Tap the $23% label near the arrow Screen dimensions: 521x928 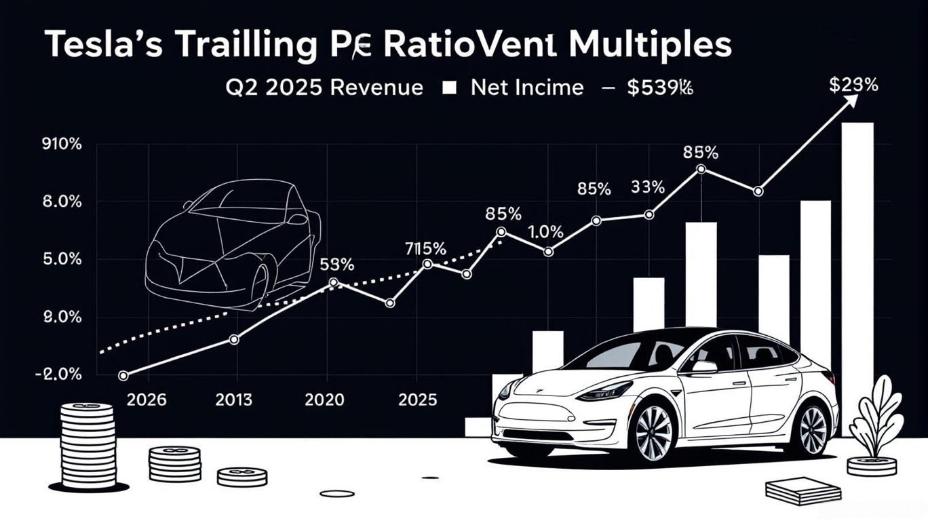(853, 85)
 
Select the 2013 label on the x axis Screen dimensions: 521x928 (235, 400)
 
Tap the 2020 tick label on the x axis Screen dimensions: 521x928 (324, 400)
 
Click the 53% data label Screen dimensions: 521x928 (336, 265)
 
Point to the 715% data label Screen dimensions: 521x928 (425, 248)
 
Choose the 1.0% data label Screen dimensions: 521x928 (545, 231)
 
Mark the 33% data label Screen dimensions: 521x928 (647, 187)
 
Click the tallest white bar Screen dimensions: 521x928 (857, 278)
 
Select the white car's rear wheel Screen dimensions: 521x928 (811, 428)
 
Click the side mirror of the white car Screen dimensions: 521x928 (704, 367)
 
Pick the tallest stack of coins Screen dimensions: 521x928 (88, 444)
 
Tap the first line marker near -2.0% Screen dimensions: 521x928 (123, 375)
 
